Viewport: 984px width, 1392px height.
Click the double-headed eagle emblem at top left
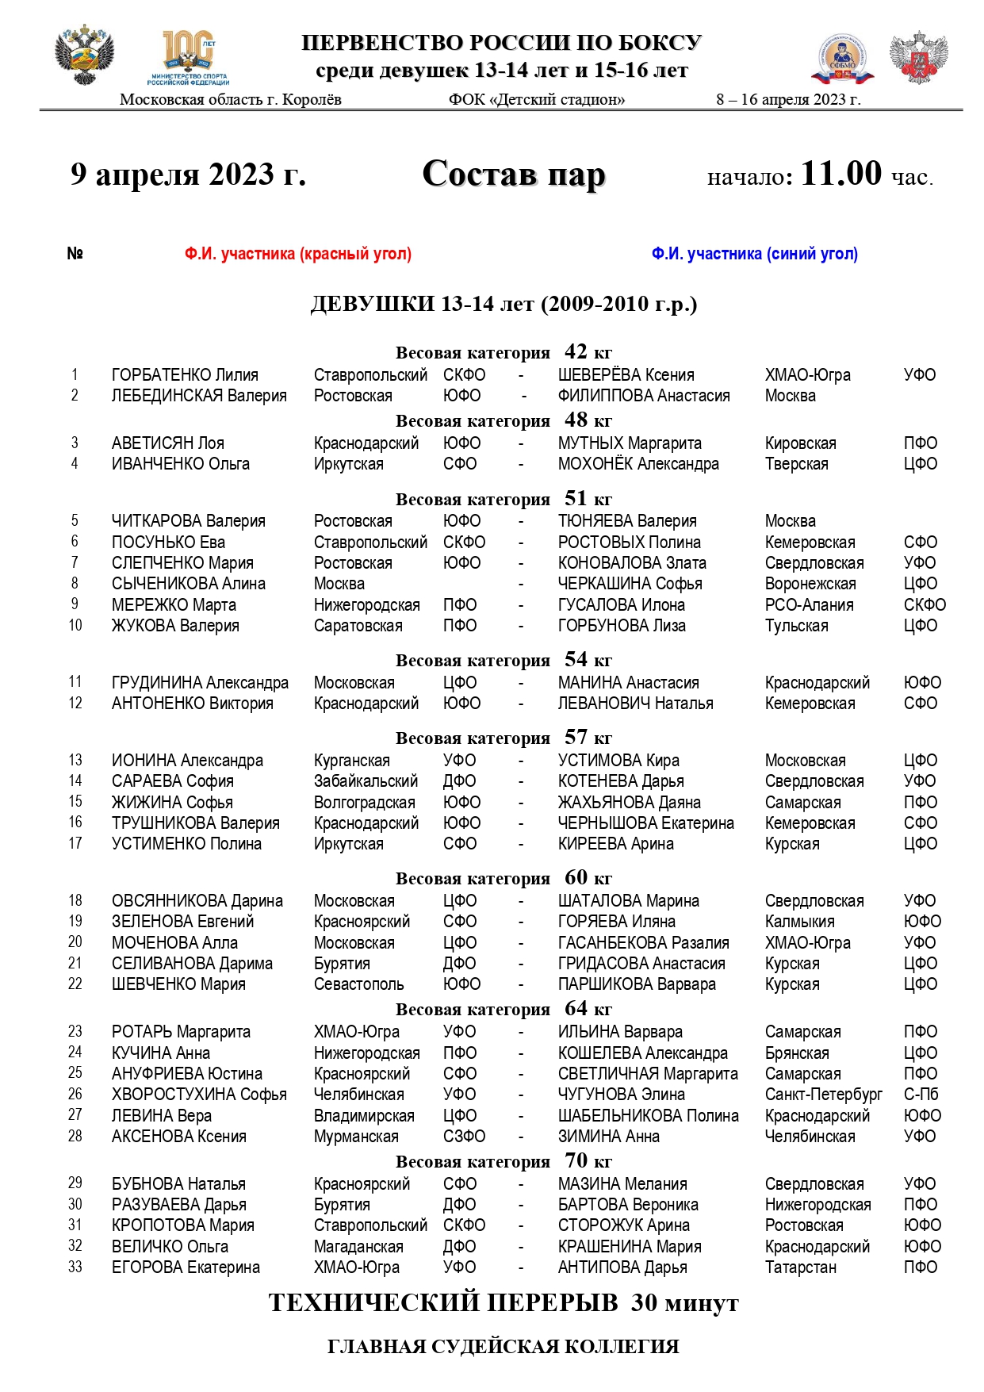coord(84,56)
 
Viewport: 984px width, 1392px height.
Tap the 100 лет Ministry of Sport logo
coord(188,57)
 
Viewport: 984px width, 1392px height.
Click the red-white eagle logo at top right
coord(918,58)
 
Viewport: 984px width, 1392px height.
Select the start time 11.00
coord(840,174)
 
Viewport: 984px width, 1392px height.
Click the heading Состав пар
coord(513,174)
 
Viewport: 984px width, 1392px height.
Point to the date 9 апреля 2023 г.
coord(188,174)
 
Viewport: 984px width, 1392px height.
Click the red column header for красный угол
coord(297,254)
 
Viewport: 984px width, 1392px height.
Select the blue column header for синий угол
coord(754,254)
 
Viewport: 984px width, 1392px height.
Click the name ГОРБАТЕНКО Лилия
coord(185,375)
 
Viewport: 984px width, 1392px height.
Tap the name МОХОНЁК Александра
coord(638,464)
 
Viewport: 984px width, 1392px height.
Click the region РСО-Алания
coord(809,605)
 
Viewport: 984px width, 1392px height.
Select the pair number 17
coord(75,844)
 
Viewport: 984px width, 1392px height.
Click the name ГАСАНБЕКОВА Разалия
coord(643,943)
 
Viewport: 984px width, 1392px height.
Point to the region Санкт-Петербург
coord(823,1095)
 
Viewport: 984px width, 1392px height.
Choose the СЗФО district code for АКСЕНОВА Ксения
coord(464,1137)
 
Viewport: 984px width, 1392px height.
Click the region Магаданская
coord(358,1247)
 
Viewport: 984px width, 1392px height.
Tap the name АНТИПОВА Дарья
coord(622,1267)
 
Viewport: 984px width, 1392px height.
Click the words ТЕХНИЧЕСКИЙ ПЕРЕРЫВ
coord(443,1303)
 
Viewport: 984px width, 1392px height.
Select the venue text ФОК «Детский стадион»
coord(537,100)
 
